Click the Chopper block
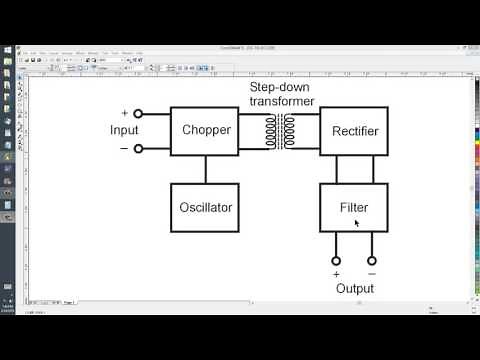(206, 130)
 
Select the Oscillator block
(206, 207)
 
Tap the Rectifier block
(354, 130)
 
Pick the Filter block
(354, 207)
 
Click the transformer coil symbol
(280, 131)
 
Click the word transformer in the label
(282, 101)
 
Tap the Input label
(126, 131)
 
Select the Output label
(354, 289)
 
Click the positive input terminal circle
(138, 114)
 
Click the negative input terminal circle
(138, 149)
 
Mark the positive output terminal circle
(336, 261)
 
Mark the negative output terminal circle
(371, 261)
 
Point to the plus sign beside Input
(124, 113)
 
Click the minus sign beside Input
(124, 149)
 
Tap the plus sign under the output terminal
(336, 274)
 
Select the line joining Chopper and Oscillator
(206, 169)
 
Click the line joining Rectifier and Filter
(354, 169)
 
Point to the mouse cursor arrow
(356, 223)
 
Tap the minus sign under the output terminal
(371, 274)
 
